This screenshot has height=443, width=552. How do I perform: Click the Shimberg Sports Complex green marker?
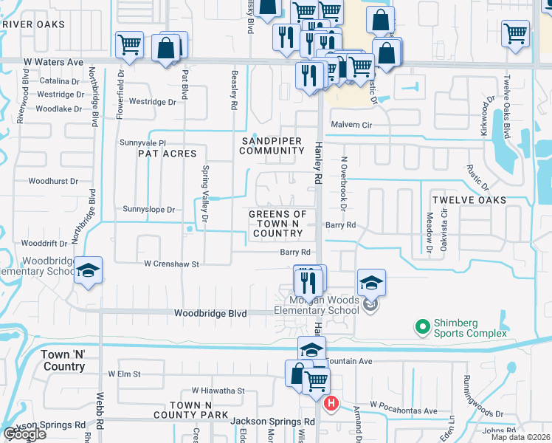(x=422, y=326)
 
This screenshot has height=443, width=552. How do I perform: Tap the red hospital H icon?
(x=331, y=403)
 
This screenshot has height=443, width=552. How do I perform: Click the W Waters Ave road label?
(x=54, y=63)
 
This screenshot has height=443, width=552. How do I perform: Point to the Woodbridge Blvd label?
(x=210, y=313)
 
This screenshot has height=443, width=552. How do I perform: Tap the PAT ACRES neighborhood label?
(x=168, y=154)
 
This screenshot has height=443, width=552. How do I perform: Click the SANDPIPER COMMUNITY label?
(x=272, y=145)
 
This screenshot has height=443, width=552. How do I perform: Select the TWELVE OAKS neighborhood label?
(x=469, y=200)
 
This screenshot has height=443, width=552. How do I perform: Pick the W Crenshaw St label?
(x=172, y=264)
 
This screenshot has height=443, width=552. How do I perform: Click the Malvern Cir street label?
(x=351, y=126)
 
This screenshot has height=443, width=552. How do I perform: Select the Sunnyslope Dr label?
(x=149, y=210)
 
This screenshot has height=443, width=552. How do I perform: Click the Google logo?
(x=24, y=433)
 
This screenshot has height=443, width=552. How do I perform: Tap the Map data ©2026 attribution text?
(x=520, y=437)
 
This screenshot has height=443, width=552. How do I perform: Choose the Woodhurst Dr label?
(x=53, y=181)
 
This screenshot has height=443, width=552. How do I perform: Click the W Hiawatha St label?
(x=218, y=391)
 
